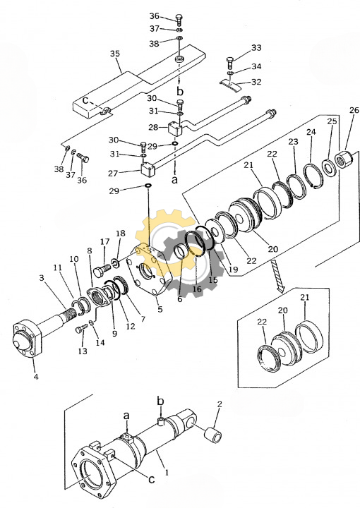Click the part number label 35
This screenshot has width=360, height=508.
coord(115,54)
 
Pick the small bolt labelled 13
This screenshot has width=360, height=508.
coord(81,329)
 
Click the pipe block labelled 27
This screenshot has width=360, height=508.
coord(148,169)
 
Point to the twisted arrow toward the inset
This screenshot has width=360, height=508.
coord(277,274)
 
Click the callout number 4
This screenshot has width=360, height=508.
coord(36,377)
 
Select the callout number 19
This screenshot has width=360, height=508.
coord(233,269)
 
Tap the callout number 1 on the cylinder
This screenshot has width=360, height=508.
coord(167,473)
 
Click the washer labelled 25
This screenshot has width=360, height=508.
coord(329,168)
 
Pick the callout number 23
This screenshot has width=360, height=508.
coord(293,142)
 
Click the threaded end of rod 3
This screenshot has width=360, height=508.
coord(72,313)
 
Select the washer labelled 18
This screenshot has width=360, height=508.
coord(116,262)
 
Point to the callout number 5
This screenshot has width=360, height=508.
coord(160,309)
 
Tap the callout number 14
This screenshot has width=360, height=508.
coord(101,342)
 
